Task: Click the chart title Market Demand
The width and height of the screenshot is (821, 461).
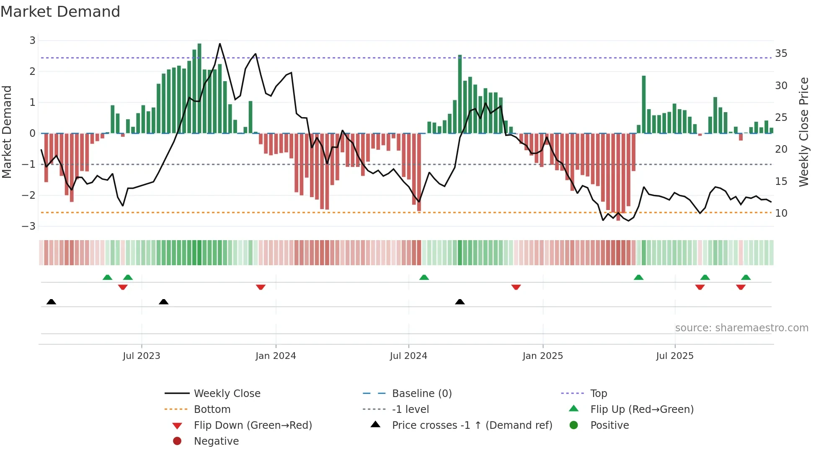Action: point(60,12)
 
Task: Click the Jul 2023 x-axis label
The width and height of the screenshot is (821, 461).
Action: point(142,356)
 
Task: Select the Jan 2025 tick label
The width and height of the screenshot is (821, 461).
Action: point(543,356)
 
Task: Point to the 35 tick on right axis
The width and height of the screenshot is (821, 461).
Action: point(781,54)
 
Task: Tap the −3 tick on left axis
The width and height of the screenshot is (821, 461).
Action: point(29,226)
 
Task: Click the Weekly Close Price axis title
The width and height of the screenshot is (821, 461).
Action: point(803,132)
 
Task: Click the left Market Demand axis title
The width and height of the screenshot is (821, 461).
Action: point(7,132)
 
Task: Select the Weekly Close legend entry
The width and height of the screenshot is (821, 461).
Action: point(227,394)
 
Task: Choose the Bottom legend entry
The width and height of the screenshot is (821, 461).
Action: point(212,410)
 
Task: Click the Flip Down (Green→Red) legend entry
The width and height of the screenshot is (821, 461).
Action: point(253,425)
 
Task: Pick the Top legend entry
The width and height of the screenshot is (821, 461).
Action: point(599,394)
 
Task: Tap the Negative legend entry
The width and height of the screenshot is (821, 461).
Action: point(216,441)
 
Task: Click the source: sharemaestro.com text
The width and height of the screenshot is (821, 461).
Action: point(741,328)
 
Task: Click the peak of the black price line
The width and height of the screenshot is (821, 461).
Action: point(220,44)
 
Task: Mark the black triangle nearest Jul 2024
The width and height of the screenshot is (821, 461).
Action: point(460,302)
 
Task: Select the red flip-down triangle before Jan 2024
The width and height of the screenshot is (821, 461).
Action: point(261,287)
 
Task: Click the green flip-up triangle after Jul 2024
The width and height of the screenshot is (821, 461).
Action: point(424,277)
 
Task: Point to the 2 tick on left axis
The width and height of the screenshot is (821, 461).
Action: point(32,72)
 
